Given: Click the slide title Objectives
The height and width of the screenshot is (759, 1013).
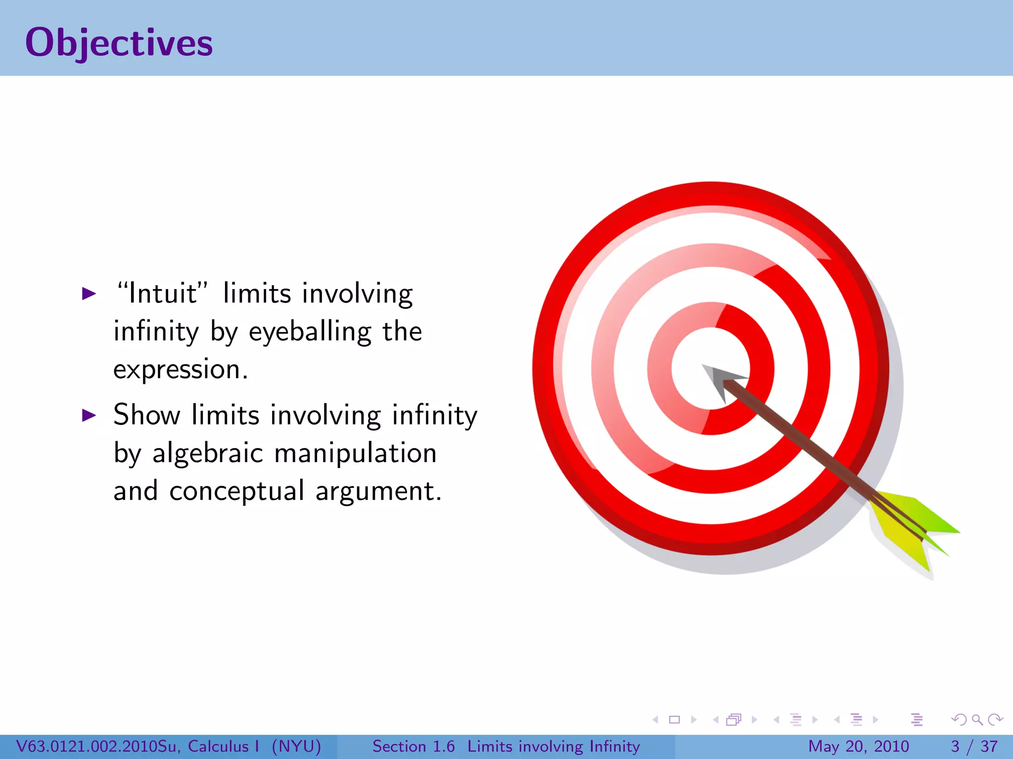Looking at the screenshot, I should click(119, 42).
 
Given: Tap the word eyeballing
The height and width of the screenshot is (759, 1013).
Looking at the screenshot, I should click(310, 332).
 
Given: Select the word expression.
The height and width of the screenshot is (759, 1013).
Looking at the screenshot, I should click(180, 370).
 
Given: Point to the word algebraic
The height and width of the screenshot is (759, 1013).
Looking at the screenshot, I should click(207, 453).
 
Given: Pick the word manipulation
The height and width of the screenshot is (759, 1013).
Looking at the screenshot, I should click(355, 453).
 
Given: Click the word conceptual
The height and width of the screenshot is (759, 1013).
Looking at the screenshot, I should click(236, 491).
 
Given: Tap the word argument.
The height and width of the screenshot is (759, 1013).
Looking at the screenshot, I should click(378, 492).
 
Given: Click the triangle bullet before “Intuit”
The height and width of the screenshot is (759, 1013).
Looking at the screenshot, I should click(89, 294).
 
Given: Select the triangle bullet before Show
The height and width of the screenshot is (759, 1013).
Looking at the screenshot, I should click(89, 415).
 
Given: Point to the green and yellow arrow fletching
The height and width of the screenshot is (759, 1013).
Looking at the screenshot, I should click(915, 529).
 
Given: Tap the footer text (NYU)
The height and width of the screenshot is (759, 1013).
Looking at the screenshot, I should click(296, 746).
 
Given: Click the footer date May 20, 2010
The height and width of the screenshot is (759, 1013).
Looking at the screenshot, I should click(858, 746).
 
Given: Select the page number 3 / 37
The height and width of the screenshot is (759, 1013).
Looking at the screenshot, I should click(974, 746).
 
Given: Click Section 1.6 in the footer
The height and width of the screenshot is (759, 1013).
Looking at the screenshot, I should click(414, 746).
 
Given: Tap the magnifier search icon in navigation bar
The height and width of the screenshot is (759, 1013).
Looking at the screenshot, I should click(977, 719).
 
